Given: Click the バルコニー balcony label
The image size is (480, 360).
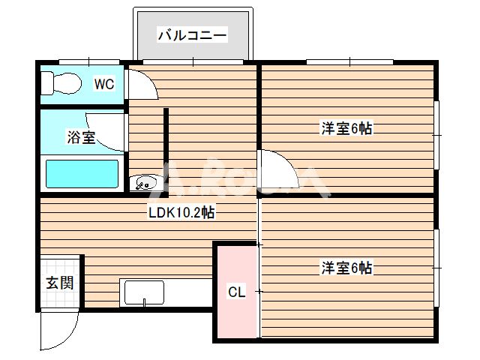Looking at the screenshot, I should pos(192,34).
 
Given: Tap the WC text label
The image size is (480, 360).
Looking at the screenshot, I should pos(103,84).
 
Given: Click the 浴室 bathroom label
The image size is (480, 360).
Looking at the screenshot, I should pos(81,137).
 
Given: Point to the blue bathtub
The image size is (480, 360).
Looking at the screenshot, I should pos(82,173).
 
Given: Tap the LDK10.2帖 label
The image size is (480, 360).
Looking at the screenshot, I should pos(181,212).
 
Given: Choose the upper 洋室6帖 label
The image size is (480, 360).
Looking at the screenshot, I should pos(346,128).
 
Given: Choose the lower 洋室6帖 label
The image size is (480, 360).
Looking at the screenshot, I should pos(346,267).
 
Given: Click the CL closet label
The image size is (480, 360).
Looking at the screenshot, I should pos(235,291).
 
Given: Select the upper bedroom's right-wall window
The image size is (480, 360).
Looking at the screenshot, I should pos(437,136).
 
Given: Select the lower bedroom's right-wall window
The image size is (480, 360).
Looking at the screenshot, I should pos(437,265).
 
